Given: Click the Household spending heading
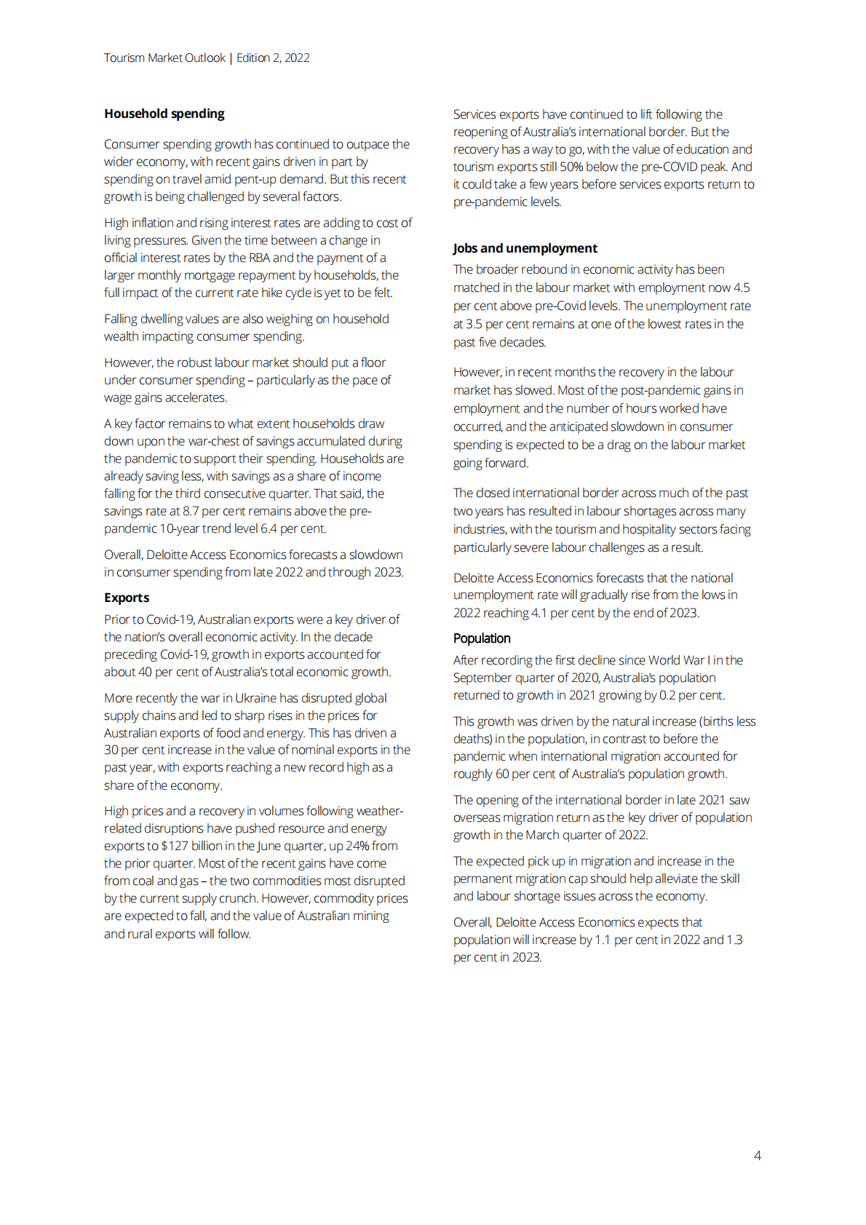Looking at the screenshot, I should pyautogui.click(x=164, y=114).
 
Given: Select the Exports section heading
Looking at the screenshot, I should pyautogui.click(x=127, y=598).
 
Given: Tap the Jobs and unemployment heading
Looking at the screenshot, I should pyautogui.click(x=525, y=248).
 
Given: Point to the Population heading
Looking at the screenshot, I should pyautogui.click(x=482, y=638).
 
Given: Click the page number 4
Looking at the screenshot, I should pyautogui.click(x=757, y=1155).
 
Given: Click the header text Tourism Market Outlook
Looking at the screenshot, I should pyautogui.click(x=164, y=58).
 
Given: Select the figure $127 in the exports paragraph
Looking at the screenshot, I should pyautogui.click(x=175, y=846).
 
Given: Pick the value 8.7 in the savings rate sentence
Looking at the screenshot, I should pyautogui.click(x=189, y=511).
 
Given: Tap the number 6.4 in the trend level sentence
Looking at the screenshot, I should pyautogui.click(x=269, y=528).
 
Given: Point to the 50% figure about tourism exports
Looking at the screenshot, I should pyautogui.click(x=571, y=167).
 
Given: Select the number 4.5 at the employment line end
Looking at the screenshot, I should pyautogui.click(x=742, y=288).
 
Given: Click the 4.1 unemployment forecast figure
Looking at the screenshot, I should pyautogui.click(x=539, y=613).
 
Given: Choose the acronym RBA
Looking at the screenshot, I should pyautogui.click(x=259, y=258).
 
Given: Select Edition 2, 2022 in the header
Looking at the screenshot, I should pyautogui.click(x=273, y=58).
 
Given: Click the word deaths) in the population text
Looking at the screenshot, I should pyautogui.click(x=472, y=739).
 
